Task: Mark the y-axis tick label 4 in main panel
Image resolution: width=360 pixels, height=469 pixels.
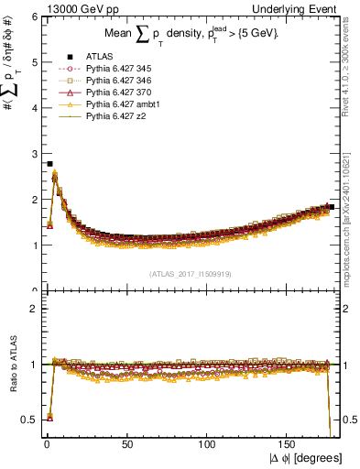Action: [34, 108]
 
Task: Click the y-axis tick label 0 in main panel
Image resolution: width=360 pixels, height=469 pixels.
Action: [34, 289]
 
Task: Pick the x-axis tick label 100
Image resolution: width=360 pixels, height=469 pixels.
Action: [208, 444]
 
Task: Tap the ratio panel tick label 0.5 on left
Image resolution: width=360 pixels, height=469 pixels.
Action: [29, 420]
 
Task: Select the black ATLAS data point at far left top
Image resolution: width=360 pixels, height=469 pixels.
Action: [49, 164]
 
